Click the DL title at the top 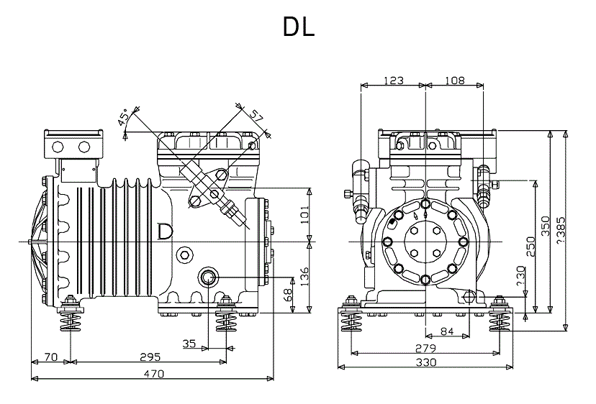[299, 27]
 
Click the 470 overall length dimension [154, 374]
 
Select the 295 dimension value [150, 357]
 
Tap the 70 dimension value [51, 357]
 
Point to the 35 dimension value [189, 344]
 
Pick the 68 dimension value [288, 295]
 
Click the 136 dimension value [304, 277]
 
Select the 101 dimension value [304, 215]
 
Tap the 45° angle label [124, 116]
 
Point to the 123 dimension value [393, 80]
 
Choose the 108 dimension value [455, 80]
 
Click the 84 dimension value [447, 331]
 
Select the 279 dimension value [425, 348]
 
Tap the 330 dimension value [425, 362]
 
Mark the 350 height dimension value [546, 226]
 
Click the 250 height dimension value [530, 246]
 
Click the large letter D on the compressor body [165, 231]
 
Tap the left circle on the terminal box [58, 147]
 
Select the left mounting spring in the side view [71, 318]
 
